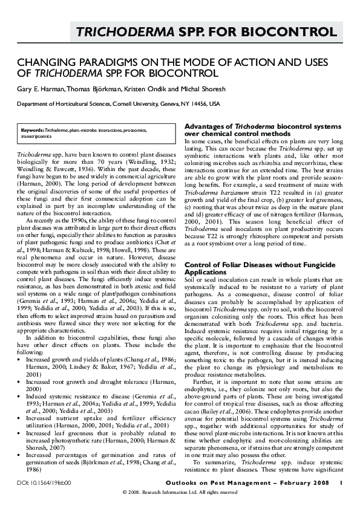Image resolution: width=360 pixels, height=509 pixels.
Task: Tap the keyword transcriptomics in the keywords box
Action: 36,137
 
